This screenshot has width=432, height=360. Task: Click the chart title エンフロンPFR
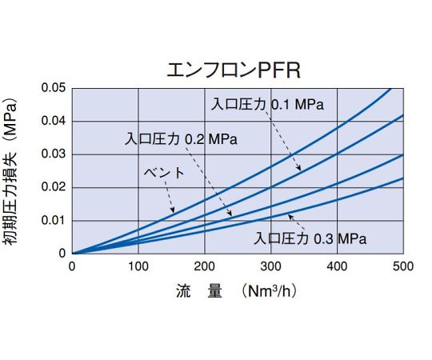click(x=233, y=70)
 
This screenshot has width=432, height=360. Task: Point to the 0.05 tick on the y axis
click(x=54, y=87)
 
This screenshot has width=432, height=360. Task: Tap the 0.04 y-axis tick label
click(x=54, y=121)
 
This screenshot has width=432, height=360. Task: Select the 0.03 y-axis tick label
click(x=54, y=154)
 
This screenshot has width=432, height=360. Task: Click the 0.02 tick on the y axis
click(x=54, y=187)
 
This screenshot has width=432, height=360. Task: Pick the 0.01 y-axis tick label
click(x=54, y=220)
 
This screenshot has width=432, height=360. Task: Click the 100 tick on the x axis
click(x=138, y=266)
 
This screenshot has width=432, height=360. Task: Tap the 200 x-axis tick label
click(x=205, y=266)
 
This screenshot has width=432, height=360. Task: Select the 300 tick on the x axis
click(x=271, y=266)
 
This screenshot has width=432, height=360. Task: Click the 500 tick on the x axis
click(x=402, y=266)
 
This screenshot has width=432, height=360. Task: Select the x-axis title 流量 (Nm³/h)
click(x=237, y=292)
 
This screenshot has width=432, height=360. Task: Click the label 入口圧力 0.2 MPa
click(x=182, y=138)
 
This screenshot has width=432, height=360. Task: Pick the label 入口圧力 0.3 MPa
click(x=310, y=238)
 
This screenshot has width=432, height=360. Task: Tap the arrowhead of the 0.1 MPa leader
click(x=300, y=170)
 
